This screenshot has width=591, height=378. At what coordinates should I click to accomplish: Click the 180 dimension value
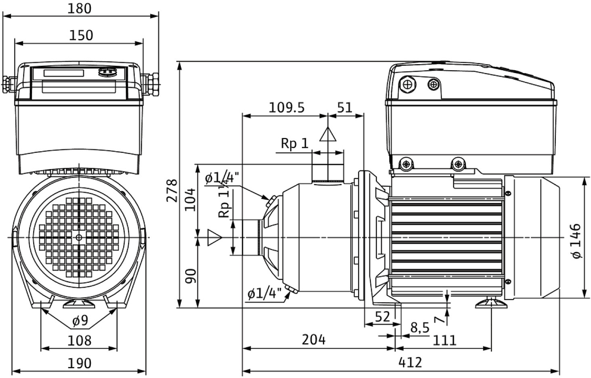pos(80,8)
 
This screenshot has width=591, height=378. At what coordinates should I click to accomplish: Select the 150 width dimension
pos(81,36)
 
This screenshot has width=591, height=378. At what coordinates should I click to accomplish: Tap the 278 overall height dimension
pos(172,190)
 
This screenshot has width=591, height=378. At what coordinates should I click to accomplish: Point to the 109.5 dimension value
pos(287,108)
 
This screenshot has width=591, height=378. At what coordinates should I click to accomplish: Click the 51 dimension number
pos(344,108)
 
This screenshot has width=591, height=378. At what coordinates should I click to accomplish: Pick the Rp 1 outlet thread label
pos(294,144)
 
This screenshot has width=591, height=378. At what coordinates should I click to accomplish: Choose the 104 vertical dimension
pos(190,199)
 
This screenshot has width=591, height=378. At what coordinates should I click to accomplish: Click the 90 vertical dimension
pos(190,276)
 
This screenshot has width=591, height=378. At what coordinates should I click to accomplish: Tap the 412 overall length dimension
pos(410,362)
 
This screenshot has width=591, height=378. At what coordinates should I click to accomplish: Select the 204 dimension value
pos(314,340)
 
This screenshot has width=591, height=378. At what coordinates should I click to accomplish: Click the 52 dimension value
pos(382,317)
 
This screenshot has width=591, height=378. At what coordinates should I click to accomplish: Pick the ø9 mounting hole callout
pos(80,321)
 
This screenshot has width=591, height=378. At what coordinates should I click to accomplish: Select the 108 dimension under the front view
pos(79,340)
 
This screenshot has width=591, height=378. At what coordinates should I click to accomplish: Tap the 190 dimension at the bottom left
pos(79,363)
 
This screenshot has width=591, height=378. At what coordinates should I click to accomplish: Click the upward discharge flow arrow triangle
pos(328,135)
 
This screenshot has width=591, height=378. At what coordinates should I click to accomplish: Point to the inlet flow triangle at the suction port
pos(214,238)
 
